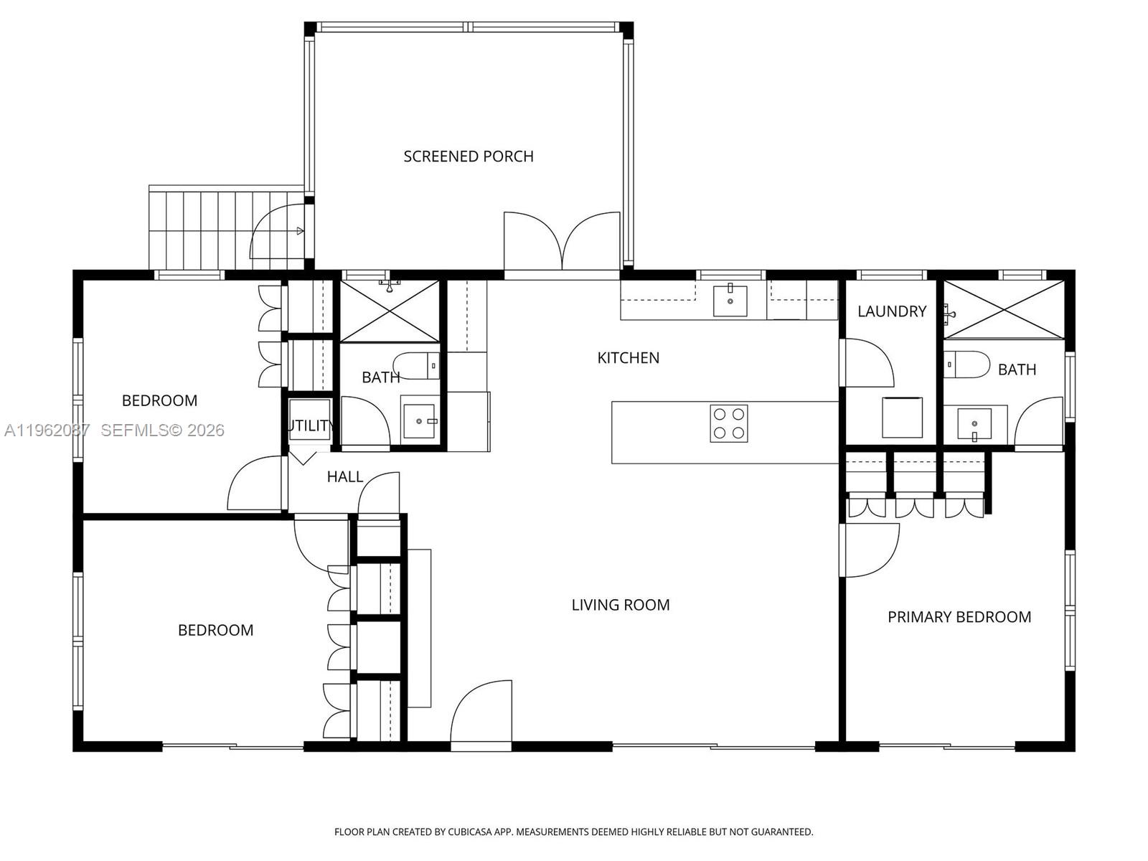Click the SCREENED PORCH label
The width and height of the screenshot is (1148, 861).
(x=468, y=156)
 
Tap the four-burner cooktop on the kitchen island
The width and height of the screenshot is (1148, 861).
(x=728, y=423)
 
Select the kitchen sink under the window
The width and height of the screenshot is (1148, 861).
(x=730, y=301)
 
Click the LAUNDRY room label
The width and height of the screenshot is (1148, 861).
(x=892, y=311)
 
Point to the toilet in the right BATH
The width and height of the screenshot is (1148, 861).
(x=966, y=364)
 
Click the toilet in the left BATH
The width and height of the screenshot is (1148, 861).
(x=416, y=365)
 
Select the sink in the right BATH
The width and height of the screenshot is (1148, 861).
(x=974, y=423)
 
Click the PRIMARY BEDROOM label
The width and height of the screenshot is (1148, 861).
(x=959, y=617)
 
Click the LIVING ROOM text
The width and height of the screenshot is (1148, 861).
(x=620, y=605)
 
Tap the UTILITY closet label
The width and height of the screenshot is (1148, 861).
(x=310, y=425)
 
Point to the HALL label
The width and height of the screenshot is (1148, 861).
(x=344, y=477)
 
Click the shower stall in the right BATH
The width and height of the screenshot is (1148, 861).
(x=1003, y=309)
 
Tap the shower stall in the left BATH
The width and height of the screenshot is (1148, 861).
(x=389, y=311)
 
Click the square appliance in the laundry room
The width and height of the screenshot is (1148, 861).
(x=902, y=417)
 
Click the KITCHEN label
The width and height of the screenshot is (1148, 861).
(x=628, y=358)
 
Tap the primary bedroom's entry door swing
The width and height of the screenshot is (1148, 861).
(x=870, y=549)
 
